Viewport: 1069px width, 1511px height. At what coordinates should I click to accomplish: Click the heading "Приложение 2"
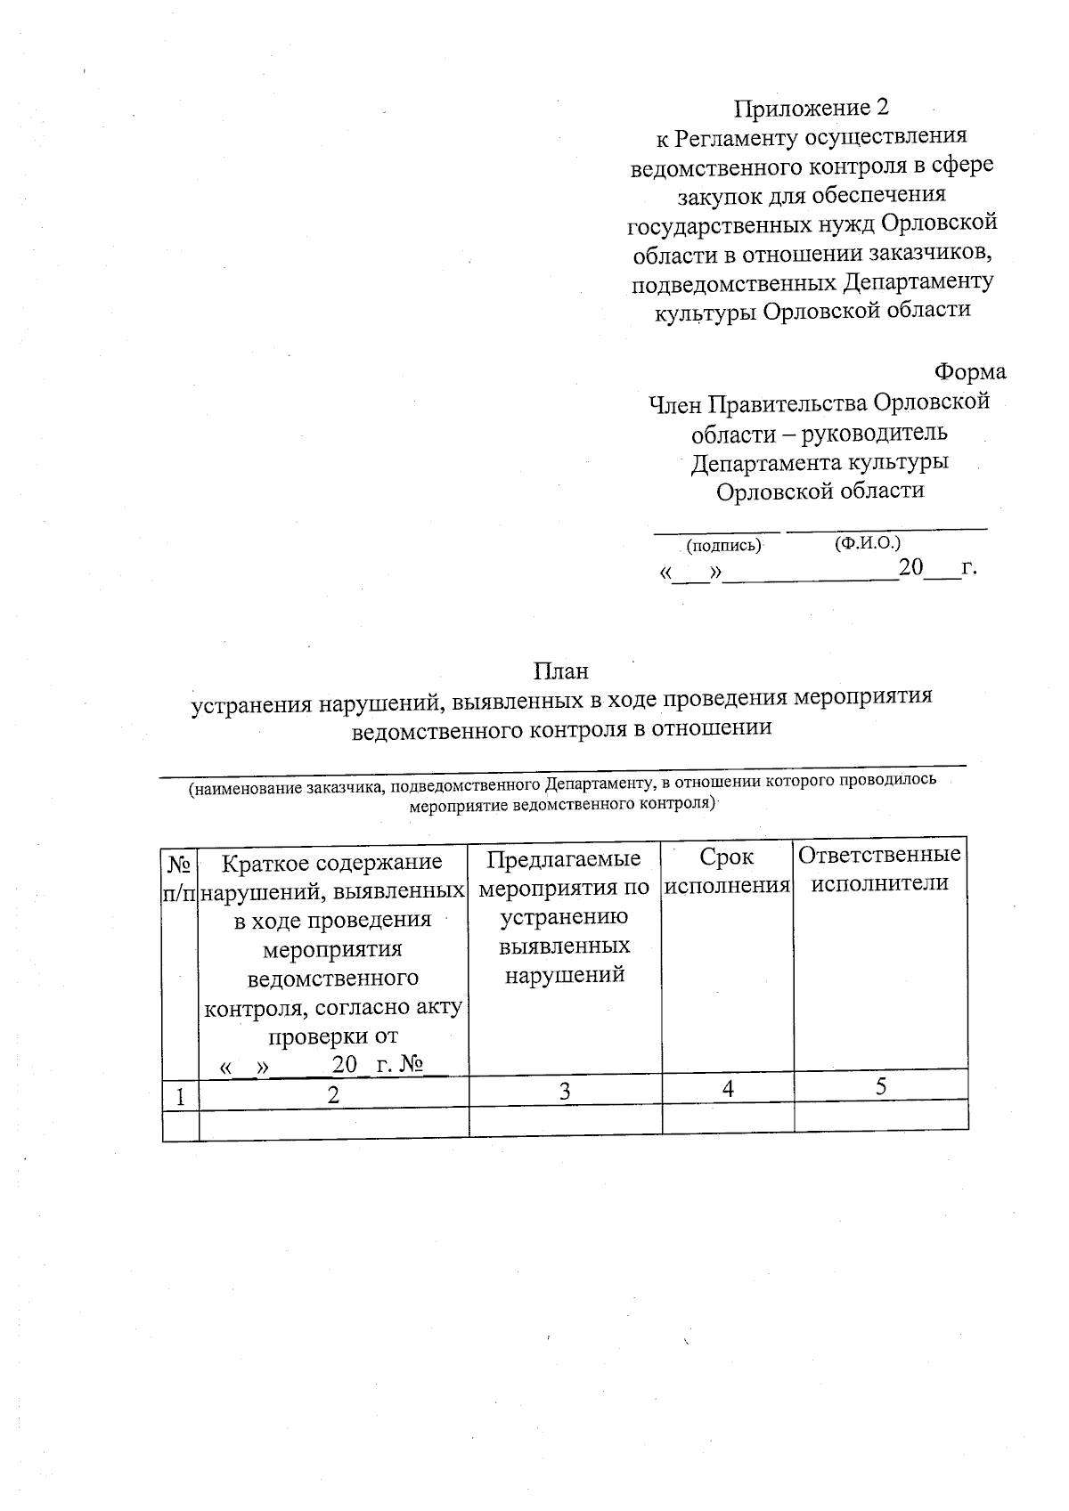pyautogui.click(x=812, y=109)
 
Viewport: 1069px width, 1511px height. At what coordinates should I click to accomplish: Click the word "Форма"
pyautogui.click(x=970, y=372)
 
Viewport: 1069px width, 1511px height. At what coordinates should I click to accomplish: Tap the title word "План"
pyautogui.click(x=561, y=670)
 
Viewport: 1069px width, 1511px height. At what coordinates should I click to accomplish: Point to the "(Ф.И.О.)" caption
pyautogui.click(x=868, y=542)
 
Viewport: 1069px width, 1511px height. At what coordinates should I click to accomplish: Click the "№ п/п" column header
pyautogui.click(x=180, y=878)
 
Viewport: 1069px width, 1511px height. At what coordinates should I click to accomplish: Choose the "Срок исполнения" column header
pyautogui.click(x=728, y=871)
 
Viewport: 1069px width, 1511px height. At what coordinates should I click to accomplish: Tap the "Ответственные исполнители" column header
pyautogui.click(x=880, y=868)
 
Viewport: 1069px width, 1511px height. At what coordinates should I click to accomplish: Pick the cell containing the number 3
pyautogui.click(x=565, y=1092)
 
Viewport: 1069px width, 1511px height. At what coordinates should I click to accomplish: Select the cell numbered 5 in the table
pyautogui.click(x=881, y=1086)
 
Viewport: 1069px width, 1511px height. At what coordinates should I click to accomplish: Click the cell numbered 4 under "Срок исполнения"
pyautogui.click(x=728, y=1089)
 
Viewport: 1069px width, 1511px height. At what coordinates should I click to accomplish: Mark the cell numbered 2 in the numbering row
pyautogui.click(x=333, y=1094)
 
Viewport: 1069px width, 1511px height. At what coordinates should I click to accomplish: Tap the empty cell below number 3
pyautogui.click(x=565, y=1120)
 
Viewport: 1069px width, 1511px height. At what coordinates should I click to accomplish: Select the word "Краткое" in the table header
pyautogui.click(x=262, y=863)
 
